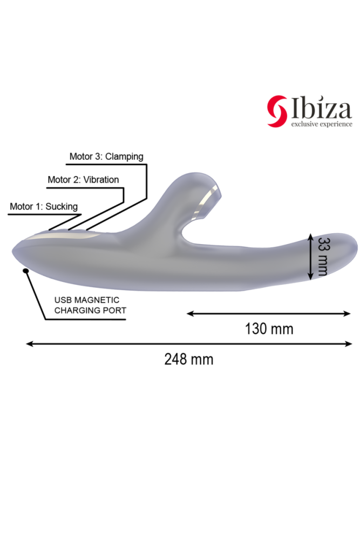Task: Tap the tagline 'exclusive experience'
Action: (x=322, y=124)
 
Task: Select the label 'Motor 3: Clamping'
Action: (x=106, y=157)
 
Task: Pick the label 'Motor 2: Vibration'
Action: (x=83, y=180)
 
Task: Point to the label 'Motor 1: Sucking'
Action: (x=44, y=206)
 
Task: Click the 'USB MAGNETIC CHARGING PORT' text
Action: (x=90, y=305)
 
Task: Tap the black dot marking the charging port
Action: (x=26, y=271)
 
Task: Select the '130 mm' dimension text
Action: (x=269, y=328)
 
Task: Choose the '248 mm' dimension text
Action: (x=189, y=359)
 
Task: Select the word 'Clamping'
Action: (x=124, y=157)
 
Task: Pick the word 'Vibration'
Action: (x=100, y=180)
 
